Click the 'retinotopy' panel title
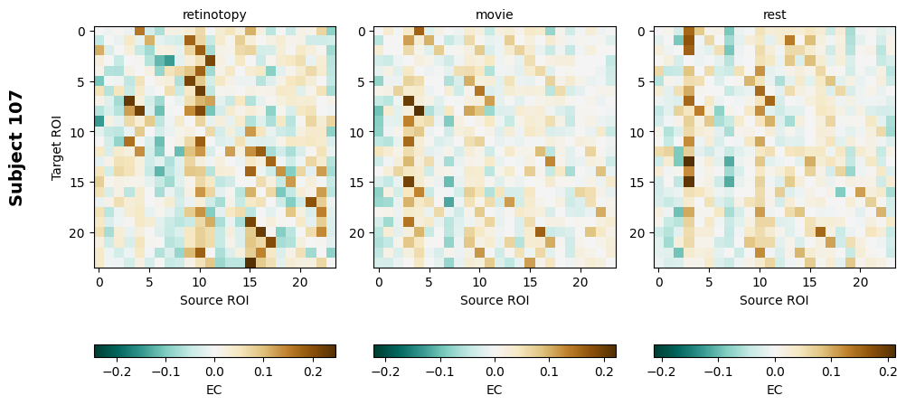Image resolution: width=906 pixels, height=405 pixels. click(214, 14)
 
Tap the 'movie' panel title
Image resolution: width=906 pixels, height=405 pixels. click(495, 14)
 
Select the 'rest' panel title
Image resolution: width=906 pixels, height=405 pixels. click(775, 14)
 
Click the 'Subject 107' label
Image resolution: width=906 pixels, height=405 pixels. click(16, 147)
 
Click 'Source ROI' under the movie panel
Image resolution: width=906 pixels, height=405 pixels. click(495, 300)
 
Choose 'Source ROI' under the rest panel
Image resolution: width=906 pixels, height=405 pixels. click(775, 300)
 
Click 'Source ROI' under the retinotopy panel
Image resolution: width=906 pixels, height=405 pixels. click(214, 300)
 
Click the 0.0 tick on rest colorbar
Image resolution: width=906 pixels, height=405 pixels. click(775, 371)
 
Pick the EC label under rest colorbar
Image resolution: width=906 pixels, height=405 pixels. click(775, 390)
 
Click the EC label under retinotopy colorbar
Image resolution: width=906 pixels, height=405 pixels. click(214, 390)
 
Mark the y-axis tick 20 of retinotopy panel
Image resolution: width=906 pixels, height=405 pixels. click(81, 233)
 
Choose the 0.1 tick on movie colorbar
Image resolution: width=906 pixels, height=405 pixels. click(549, 371)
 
